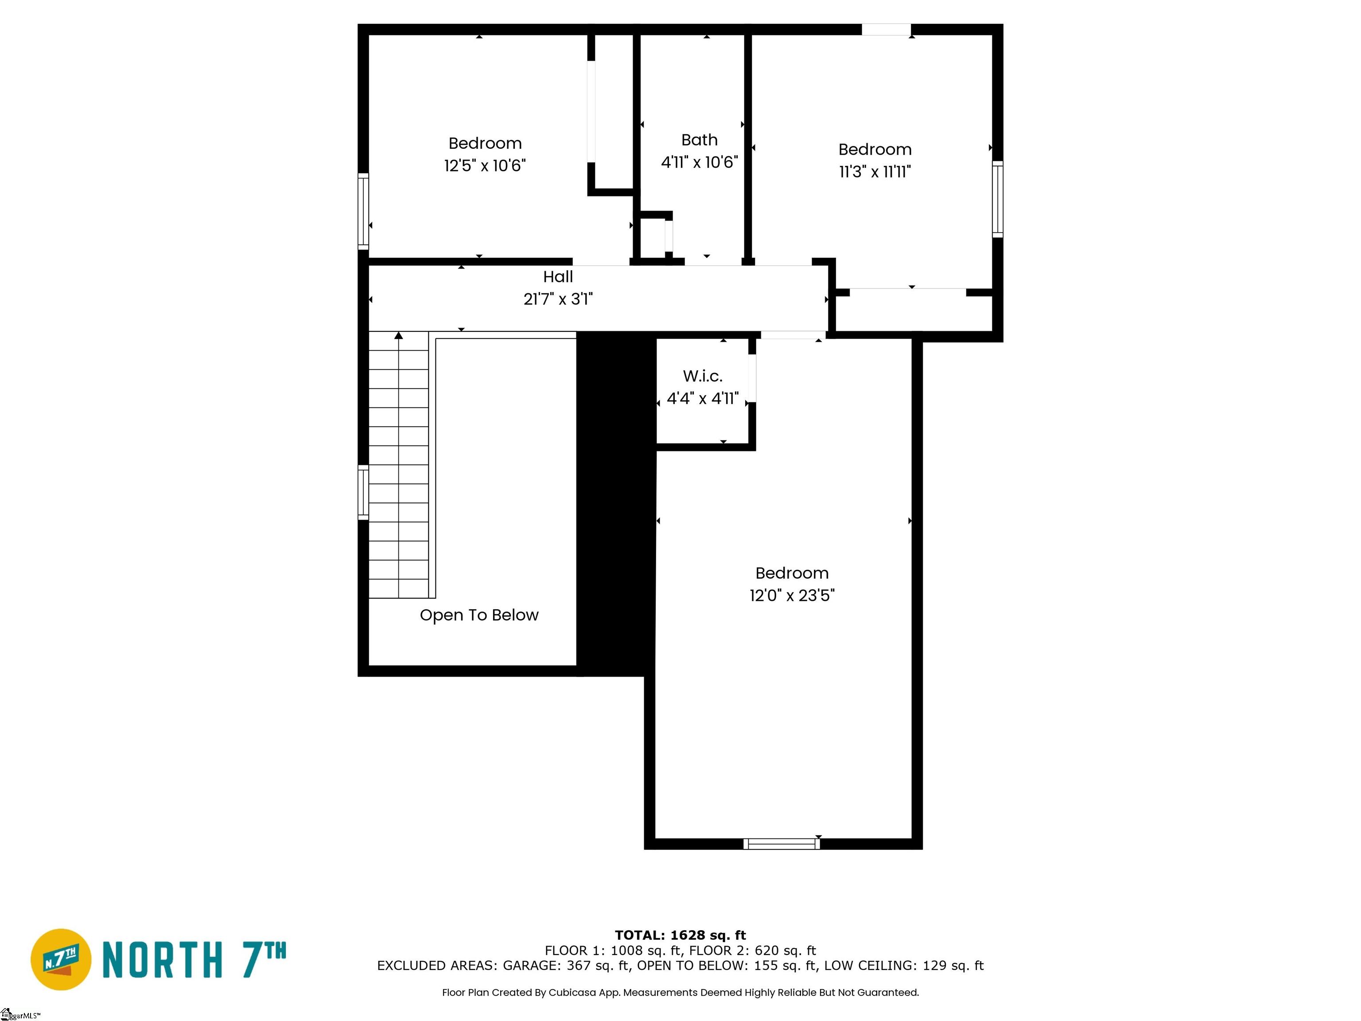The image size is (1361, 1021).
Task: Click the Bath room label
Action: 699,140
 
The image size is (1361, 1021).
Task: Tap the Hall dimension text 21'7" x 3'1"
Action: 558,299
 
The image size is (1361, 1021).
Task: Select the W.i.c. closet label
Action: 703,376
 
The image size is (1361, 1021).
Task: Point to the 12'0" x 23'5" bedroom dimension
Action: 792,595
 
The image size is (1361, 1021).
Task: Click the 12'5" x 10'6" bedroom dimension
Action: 485,166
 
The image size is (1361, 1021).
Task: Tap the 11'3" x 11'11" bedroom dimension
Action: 875,171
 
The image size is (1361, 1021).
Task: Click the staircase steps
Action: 399,465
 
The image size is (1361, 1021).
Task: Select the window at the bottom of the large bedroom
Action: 782,844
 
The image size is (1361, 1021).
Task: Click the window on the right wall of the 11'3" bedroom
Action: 997,199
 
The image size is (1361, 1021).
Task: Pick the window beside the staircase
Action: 363,492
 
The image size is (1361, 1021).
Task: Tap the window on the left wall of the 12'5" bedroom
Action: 363,211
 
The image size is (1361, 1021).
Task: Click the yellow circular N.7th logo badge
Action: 61,959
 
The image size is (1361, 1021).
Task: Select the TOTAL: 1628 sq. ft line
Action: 680,935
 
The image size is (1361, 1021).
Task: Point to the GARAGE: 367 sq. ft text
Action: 567,966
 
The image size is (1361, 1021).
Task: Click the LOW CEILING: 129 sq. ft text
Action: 904,966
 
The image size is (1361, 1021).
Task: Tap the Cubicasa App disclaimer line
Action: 680,992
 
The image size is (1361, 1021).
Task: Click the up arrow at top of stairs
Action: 399,335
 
